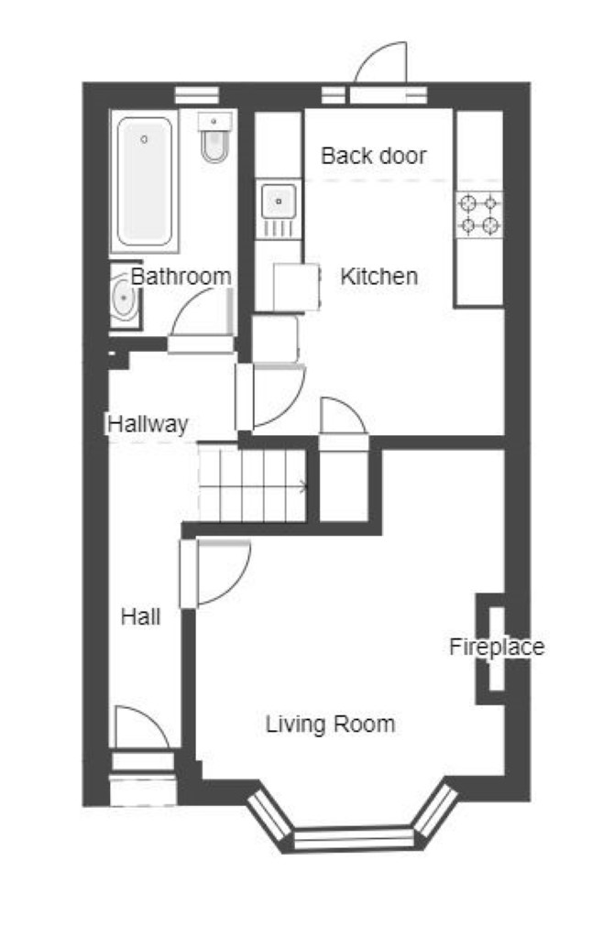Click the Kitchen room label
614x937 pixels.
[x=378, y=276]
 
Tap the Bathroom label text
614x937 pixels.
[x=181, y=276]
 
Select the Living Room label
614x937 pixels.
[x=330, y=724]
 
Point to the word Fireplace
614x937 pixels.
[x=496, y=647]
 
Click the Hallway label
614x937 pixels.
[x=148, y=424]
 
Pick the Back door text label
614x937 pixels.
[x=374, y=156]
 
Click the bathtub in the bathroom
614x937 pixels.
[x=145, y=180]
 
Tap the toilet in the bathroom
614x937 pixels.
[x=214, y=137]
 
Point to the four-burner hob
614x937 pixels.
[x=479, y=214]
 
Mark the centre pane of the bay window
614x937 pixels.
[x=354, y=838]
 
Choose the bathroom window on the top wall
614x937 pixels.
[x=197, y=95]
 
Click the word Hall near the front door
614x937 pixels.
[x=140, y=616]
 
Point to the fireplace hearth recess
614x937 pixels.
[x=497, y=649]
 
